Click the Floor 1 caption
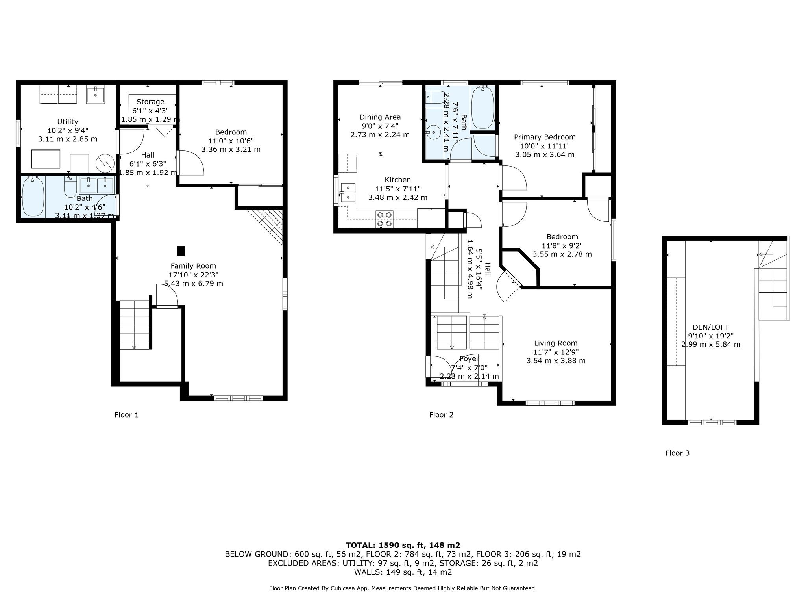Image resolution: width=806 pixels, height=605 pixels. pos(126,415)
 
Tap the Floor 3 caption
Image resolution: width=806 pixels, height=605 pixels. pos(677,453)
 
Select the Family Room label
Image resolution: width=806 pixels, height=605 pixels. pos(193,266)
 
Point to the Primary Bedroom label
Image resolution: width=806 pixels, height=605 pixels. pos(545,137)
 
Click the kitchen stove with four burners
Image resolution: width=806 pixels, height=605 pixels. pos(385,219)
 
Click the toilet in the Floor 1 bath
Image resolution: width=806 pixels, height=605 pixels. pos(70,187)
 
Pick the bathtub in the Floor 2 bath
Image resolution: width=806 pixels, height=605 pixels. pos(482,108)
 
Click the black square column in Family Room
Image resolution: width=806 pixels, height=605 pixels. pos(181,251)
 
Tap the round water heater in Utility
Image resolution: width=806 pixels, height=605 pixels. pos(105,163)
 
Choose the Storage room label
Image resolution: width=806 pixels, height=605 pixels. pos(150,102)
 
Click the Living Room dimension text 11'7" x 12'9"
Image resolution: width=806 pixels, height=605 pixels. pos(556,352)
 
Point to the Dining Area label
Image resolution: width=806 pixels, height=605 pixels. pos(380,117)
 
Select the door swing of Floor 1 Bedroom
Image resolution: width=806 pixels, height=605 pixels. pos(192,163)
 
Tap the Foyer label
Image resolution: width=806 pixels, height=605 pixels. pos(470,359)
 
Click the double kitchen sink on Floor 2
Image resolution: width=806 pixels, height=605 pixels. pos(348,192)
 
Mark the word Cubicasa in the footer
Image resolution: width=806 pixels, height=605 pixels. pos(344,588)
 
